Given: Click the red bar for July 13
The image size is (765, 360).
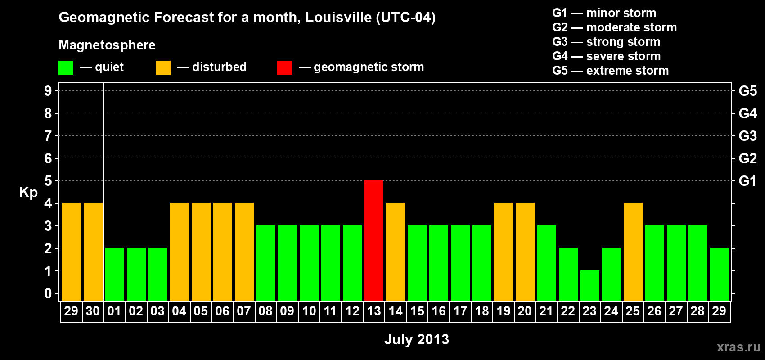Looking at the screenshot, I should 374,240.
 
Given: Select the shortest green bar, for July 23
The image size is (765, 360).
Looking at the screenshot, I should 590,285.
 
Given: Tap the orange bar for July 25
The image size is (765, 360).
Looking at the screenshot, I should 633,252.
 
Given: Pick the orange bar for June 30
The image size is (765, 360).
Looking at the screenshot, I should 93,252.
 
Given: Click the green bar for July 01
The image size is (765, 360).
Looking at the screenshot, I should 115,274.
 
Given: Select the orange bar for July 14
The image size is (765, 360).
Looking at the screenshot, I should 396,252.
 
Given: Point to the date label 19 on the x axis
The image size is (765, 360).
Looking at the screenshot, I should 504,311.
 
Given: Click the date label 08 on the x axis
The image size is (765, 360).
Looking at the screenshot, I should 265,311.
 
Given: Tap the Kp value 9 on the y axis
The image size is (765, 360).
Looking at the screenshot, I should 48,91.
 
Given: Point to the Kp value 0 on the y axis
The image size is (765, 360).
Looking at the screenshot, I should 48,294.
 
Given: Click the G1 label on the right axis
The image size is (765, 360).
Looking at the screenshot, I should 747,181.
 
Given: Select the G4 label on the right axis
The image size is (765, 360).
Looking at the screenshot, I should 747,113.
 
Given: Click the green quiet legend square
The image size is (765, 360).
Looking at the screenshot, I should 66,68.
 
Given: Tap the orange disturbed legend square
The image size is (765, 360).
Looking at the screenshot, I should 163,68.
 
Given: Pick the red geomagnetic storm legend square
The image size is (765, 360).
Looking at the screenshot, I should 284,68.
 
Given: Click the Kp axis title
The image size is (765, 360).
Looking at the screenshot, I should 28,192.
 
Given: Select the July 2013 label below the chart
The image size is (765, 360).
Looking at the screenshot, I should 417,339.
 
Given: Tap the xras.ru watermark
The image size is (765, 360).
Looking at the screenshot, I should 738,347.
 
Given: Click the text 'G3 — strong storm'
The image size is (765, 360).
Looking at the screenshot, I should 606,42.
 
